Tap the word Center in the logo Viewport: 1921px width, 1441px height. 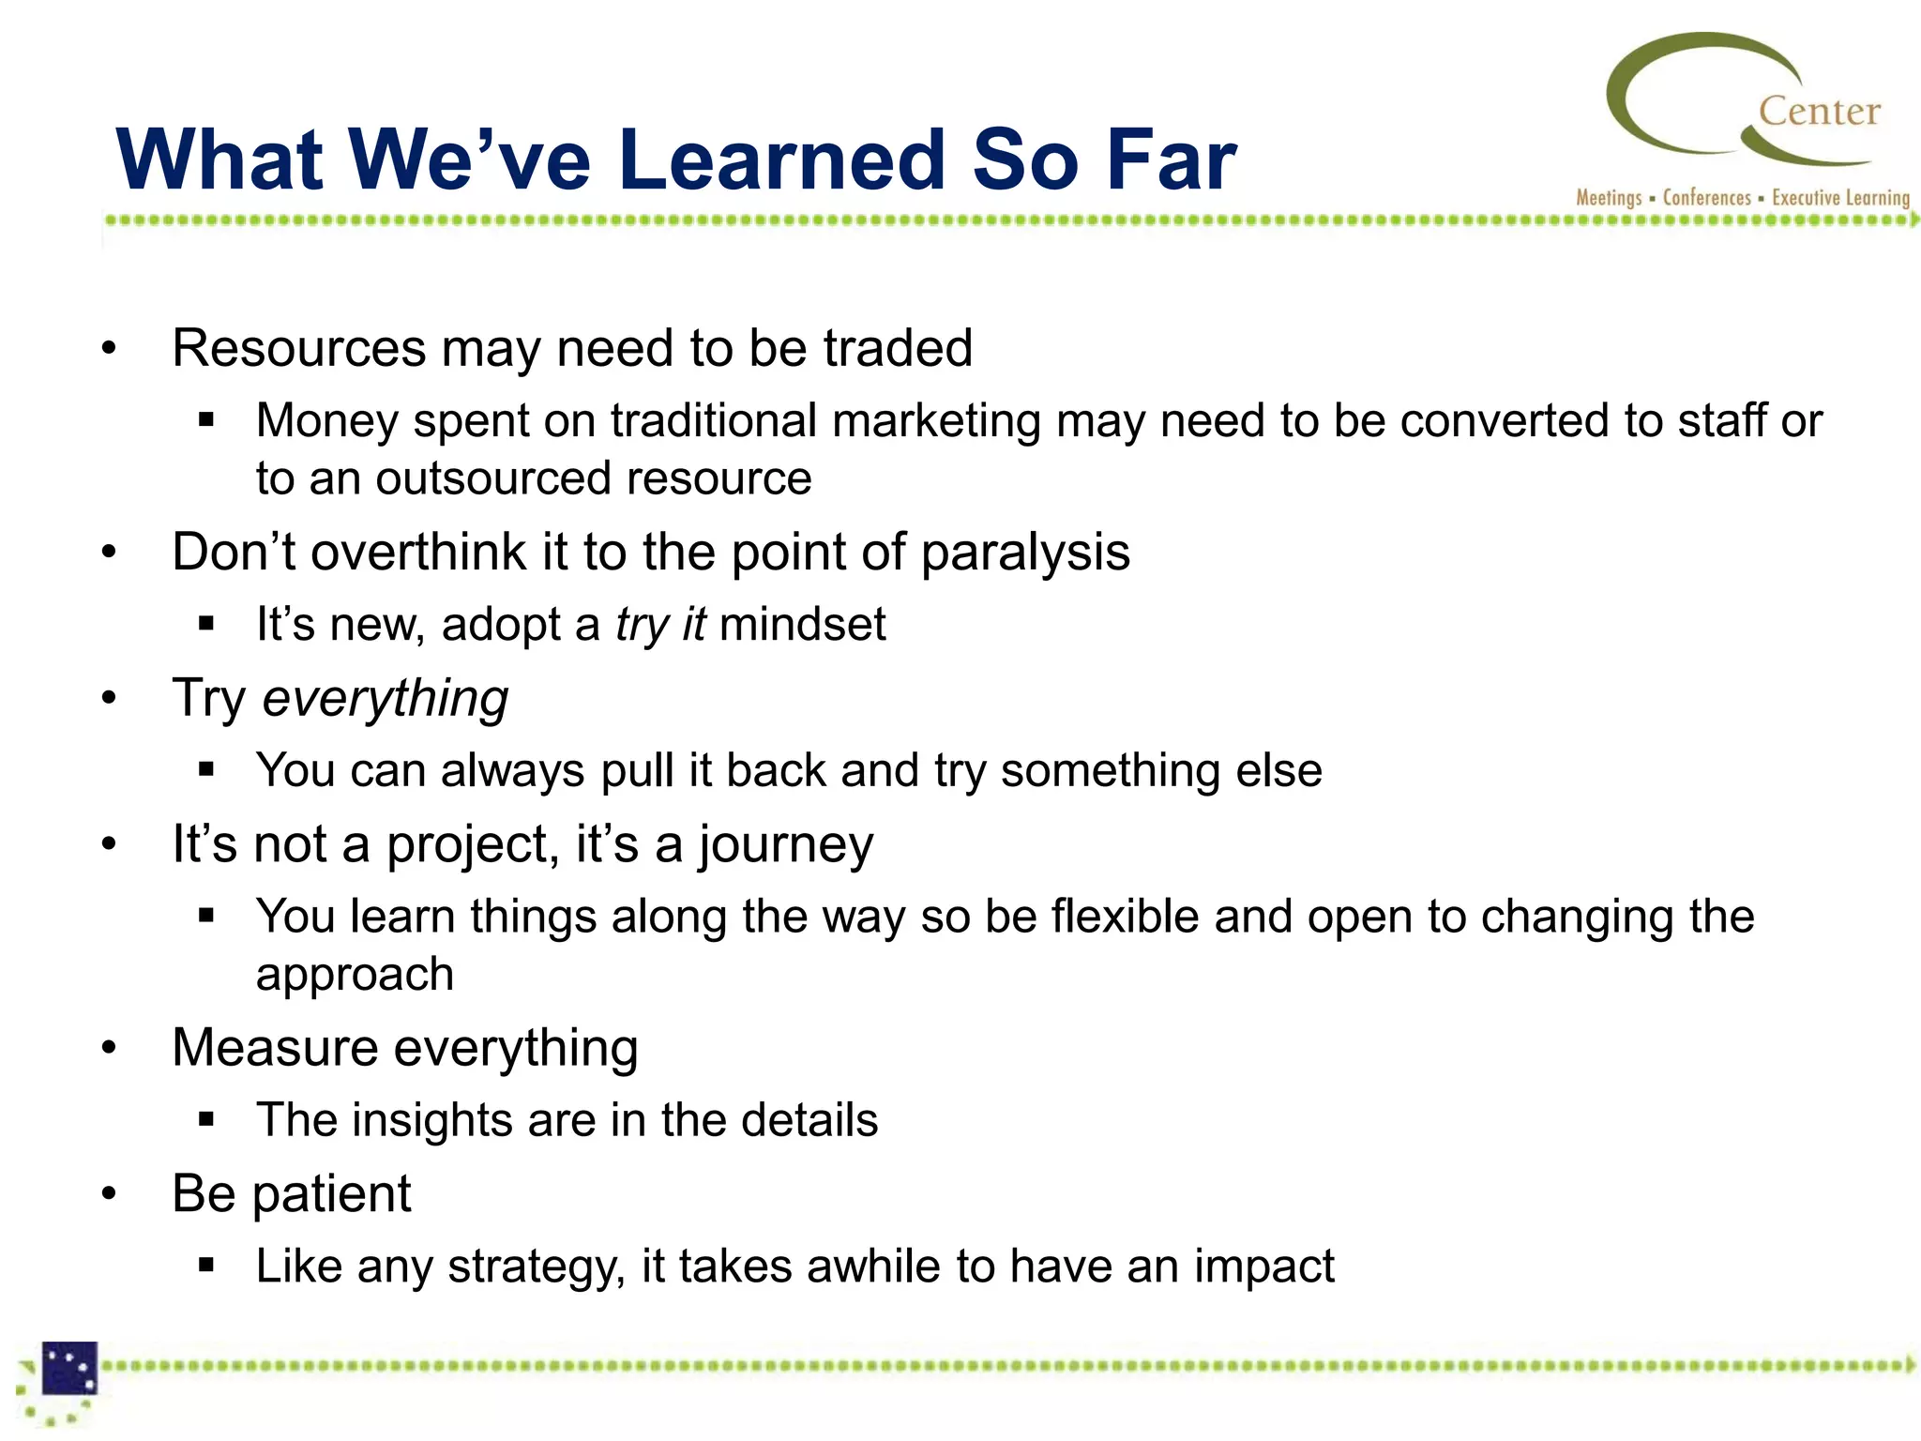[1819, 112]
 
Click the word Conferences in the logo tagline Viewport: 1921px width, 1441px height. [1706, 198]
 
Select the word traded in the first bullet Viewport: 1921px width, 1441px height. [898, 348]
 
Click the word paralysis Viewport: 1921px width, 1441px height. [1025, 553]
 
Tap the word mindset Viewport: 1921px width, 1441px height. [802, 625]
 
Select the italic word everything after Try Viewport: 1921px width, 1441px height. [385, 700]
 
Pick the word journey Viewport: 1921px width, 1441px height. [785, 845]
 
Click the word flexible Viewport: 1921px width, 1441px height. [1124, 917]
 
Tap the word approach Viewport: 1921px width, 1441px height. [355, 976]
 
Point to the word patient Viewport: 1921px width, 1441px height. [330, 1194]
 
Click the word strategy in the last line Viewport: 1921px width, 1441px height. [535, 1267]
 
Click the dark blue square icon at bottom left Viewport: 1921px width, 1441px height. [70, 1368]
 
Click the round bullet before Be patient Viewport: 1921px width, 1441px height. [110, 1194]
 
